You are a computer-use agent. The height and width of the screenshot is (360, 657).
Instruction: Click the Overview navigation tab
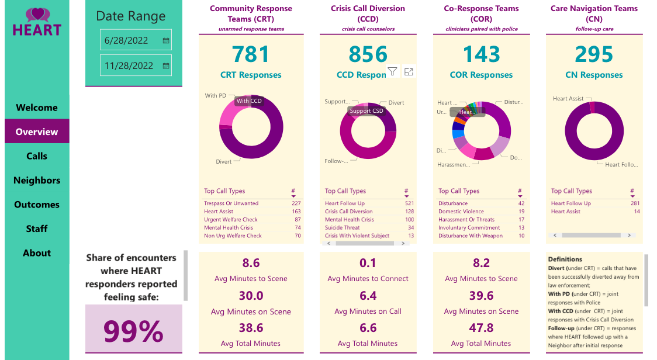click(x=37, y=131)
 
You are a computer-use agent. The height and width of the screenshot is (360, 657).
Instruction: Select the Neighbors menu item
click(x=37, y=180)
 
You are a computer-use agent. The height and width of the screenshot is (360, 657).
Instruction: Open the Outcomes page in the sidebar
click(x=37, y=205)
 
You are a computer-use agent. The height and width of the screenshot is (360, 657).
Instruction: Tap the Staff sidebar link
click(x=37, y=229)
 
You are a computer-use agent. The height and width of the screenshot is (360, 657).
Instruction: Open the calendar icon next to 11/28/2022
click(x=166, y=65)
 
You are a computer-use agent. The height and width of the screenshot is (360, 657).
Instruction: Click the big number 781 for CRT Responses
click(x=251, y=54)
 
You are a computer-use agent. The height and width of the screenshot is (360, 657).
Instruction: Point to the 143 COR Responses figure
click(x=481, y=54)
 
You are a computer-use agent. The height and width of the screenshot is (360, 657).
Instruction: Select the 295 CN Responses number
click(x=594, y=54)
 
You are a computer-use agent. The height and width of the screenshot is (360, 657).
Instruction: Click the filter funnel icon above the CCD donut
click(x=392, y=71)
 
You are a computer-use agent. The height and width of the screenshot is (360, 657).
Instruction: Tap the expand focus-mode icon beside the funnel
click(x=409, y=71)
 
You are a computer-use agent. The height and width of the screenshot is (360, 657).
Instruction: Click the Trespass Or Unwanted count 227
click(x=296, y=203)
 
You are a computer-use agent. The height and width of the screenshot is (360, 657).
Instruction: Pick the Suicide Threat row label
click(x=343, y=228)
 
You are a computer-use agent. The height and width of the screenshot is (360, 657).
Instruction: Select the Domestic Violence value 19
click(x=521, y=212)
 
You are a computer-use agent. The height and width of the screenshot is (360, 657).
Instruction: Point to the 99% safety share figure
click(x=133, y=331)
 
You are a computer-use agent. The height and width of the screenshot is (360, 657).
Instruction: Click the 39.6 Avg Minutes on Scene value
click(x=481, y=296)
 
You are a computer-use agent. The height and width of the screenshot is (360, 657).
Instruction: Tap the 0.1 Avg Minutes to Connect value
click(x=368, y=263)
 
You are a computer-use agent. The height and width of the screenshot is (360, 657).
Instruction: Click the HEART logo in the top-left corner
click(x=37, y=22)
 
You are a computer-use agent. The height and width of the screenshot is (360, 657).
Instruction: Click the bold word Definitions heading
click(x=565, y=259)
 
